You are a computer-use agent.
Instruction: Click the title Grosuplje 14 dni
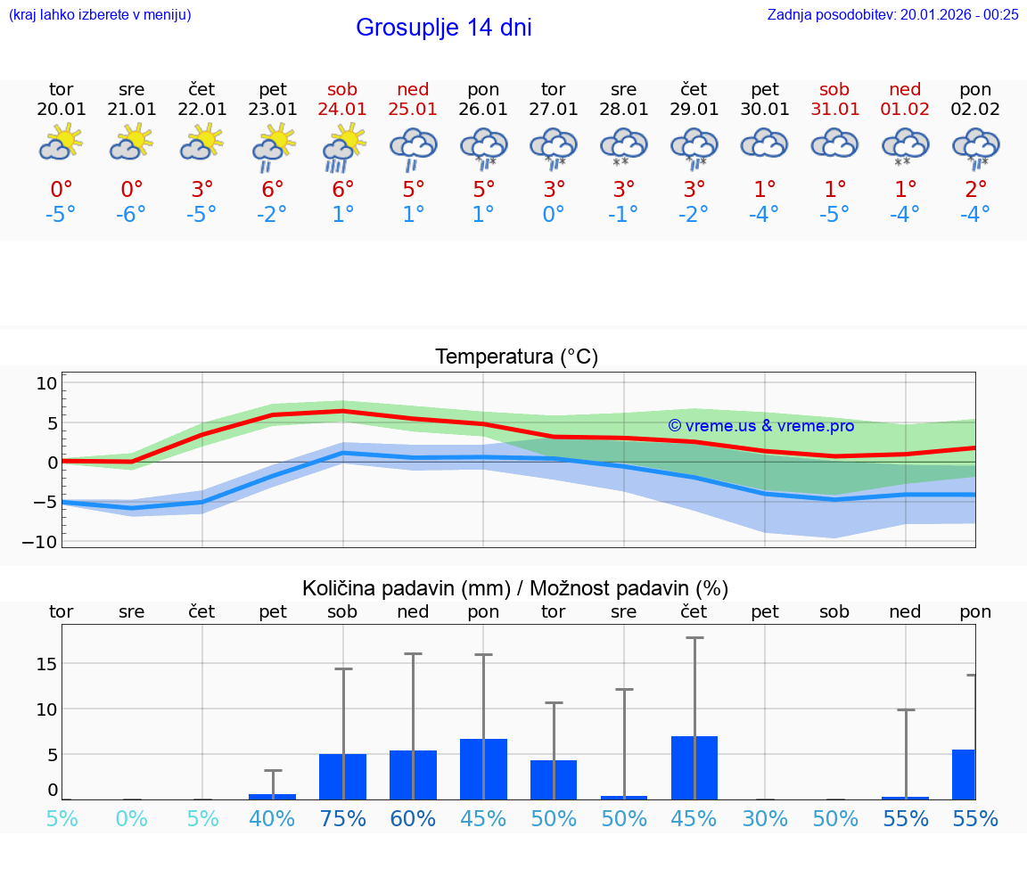443,28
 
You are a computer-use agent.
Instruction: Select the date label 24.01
342,110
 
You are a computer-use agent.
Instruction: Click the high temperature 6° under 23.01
273,189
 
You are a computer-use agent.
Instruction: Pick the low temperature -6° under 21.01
131,215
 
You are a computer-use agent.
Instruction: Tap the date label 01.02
905,110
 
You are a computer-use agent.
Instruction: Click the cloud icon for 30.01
764,143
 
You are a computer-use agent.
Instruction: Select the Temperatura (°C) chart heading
516,357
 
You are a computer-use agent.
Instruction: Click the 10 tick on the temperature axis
46,383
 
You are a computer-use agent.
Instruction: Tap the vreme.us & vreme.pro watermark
760,426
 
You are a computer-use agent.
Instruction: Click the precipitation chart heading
515,588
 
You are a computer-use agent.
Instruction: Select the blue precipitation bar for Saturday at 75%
342,776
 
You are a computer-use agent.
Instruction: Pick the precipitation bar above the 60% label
413,775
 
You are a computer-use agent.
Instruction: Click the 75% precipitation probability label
342,819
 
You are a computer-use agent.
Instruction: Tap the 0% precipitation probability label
131,819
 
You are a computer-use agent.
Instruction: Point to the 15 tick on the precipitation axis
46,663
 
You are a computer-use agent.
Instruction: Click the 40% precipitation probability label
272,819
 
